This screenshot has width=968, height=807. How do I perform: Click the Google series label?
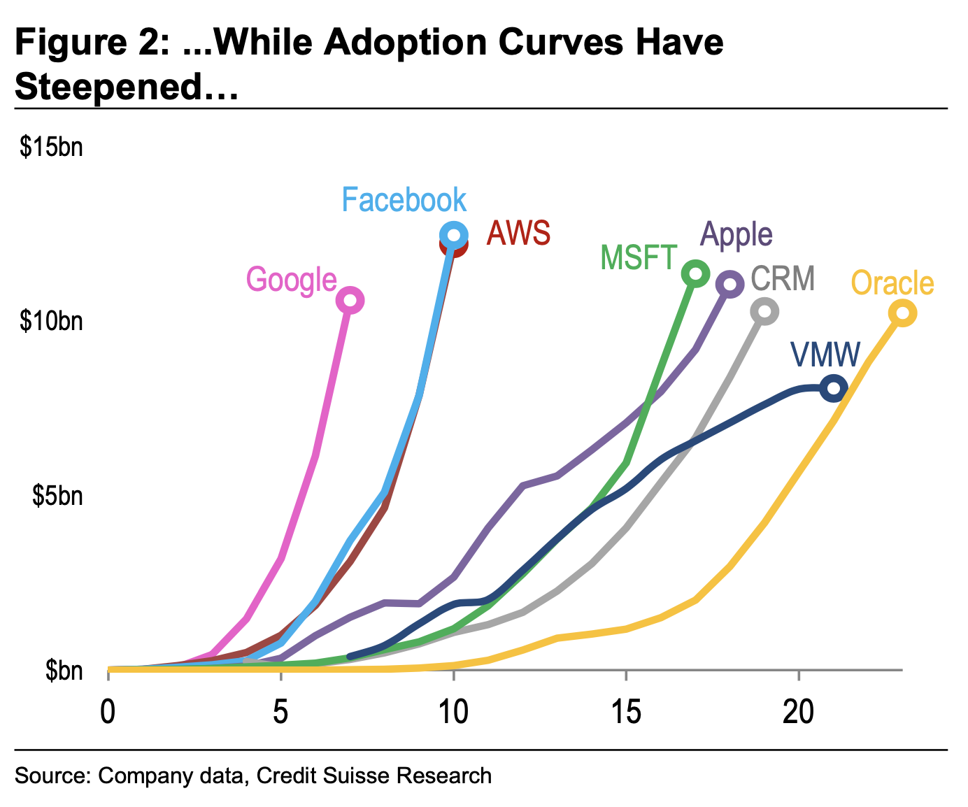pos(291,280)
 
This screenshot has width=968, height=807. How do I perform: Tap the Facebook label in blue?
pos(404,200)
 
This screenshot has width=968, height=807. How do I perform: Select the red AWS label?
pos(518,233)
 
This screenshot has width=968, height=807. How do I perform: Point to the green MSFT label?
pos(639,258)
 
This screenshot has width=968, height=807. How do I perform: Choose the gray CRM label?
pos(783,278)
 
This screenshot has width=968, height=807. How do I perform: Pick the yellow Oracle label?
pos(892,283)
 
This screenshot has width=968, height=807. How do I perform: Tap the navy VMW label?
pos(825,355)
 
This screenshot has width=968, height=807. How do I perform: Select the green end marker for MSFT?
pos(695,273)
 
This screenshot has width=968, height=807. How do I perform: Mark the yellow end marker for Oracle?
pos(903,313)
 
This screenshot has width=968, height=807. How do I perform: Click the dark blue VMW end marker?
pos(834,388)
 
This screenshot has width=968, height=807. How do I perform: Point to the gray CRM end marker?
pos(764,311)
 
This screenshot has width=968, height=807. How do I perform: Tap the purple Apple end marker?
pos(730,284)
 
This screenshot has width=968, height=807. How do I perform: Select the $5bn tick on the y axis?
pos(57,496)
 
